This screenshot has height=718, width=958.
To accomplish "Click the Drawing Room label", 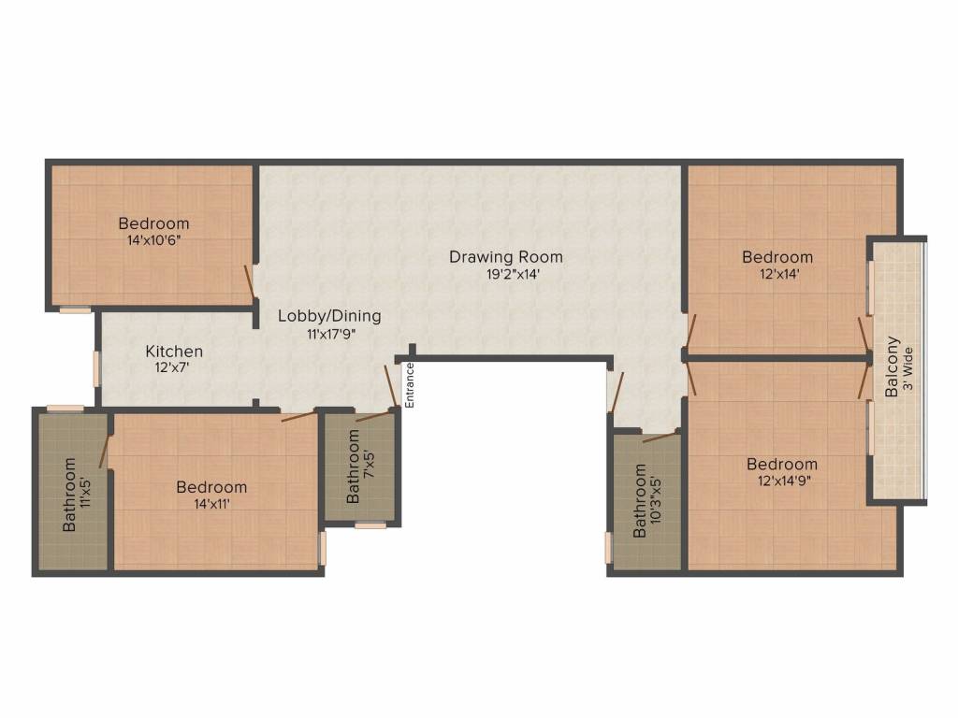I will click(505, 256).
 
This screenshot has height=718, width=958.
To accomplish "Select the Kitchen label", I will click(174, 352).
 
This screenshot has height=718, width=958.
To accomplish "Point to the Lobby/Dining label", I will click(329, 316).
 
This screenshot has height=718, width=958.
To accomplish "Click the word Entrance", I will click(409, 384).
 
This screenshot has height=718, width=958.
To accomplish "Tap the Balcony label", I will click(892, 367).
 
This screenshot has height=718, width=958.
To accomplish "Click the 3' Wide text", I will click(907, 367).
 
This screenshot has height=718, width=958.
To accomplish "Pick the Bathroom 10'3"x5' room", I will click(646, 501).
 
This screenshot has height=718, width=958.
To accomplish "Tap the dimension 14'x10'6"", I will click(153, 239).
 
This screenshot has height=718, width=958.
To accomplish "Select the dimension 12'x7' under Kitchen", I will click(174, 367).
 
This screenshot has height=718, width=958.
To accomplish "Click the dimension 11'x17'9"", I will click(329, 333).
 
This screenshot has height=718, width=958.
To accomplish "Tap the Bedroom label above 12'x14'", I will click(777, 257).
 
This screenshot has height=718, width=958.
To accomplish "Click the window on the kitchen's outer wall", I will click(96, 367).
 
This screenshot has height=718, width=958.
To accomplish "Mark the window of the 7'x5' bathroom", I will click(370, 525).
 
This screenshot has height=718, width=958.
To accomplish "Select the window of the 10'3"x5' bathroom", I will click(608, 547).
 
